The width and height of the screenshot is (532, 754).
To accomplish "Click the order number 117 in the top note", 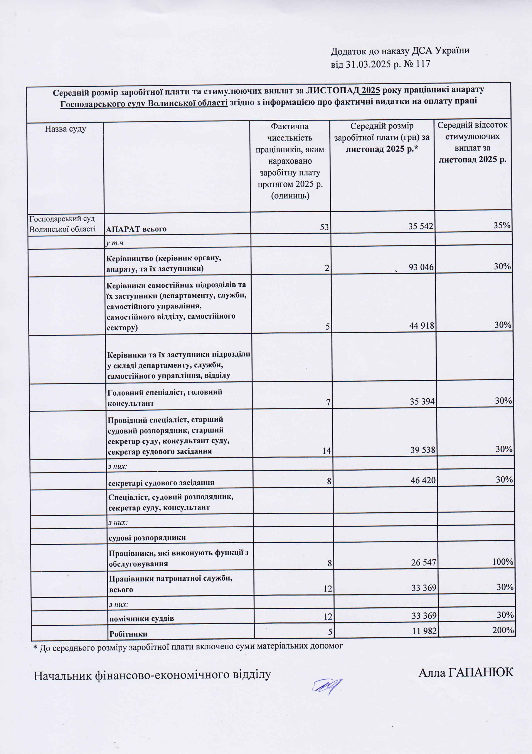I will coord(423,64).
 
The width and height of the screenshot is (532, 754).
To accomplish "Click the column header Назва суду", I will coord(65,129).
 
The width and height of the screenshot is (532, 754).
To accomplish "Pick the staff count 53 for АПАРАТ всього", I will coord(324,227).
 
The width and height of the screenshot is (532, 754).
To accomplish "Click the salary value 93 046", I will coord(421,267).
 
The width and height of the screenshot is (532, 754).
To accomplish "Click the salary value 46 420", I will coord(423,480).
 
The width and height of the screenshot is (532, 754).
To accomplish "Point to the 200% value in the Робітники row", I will coord(503,630).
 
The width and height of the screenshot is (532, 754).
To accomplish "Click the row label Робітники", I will coord(128,634).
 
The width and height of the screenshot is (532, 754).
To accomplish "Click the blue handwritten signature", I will coord(327,686).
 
